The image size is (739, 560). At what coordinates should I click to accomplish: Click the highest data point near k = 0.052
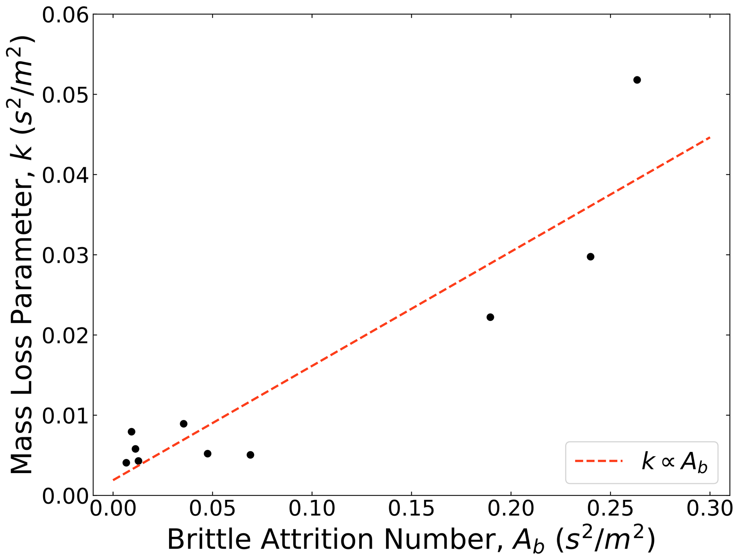pos(637,80)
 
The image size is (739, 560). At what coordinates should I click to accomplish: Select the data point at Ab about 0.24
pos(591,257)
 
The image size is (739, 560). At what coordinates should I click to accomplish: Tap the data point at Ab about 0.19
pos(490,317)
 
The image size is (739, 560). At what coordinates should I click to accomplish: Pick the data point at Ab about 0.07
pos(250,455)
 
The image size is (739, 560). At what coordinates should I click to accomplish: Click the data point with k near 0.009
pos(184,424)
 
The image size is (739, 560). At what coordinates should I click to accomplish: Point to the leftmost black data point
pos(126,463)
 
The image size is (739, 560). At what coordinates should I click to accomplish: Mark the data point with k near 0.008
pos(132,432)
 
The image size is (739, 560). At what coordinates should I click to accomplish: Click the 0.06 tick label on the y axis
pos(65,15)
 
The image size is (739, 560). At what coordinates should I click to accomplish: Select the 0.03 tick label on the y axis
pos(65,255)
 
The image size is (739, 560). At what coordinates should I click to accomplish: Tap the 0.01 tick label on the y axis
pos(65,416)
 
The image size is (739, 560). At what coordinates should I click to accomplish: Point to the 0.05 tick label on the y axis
pos(65,95)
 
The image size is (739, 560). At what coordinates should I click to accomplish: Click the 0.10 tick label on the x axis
pos(312,509)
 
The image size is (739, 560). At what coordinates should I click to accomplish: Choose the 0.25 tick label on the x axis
pos(610,509)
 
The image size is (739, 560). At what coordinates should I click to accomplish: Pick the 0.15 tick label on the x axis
pos(411,509)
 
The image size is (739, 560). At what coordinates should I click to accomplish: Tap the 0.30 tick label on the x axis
pos(710,509)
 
